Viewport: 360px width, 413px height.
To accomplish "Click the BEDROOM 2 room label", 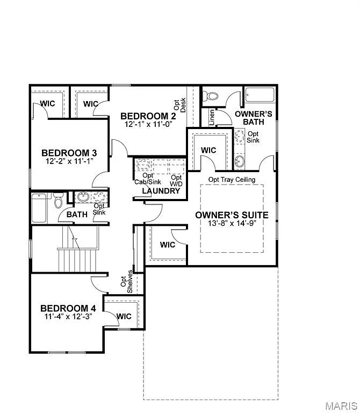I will coord(148,116).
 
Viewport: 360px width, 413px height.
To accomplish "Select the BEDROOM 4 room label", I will coord(68,308).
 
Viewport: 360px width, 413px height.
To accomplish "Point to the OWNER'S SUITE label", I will coord(232,215).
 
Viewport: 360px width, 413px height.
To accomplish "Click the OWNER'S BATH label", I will coord(254,118).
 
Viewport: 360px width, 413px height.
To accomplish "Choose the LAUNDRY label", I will coord(161,191).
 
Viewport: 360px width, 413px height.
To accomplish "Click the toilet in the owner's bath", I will coord(213,97).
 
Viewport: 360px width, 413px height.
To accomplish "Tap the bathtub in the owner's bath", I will coord(260,95).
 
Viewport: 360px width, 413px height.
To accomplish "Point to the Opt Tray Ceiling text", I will coord(232,180).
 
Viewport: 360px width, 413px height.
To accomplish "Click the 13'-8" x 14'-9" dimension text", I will coord(232,223).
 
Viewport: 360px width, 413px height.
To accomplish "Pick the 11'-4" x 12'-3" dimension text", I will coord(68,317).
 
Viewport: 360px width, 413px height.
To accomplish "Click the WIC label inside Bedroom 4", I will coord(124,316).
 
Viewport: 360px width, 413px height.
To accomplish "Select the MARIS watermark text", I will coord(342,404).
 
